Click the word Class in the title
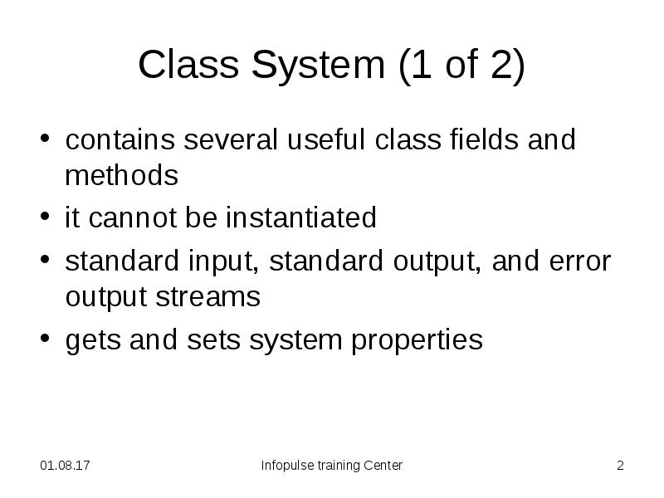(x=184, y=66)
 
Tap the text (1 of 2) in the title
(x=461, y=66)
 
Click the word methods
(x=121, y=176)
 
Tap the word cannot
(x=127, y=218)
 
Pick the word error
(x=580, y=261)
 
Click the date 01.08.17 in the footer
(x=66, y=466)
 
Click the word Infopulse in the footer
(x=287, y=466)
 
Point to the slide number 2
(x=619, y=466)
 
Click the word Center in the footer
(x=383, y=466)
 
